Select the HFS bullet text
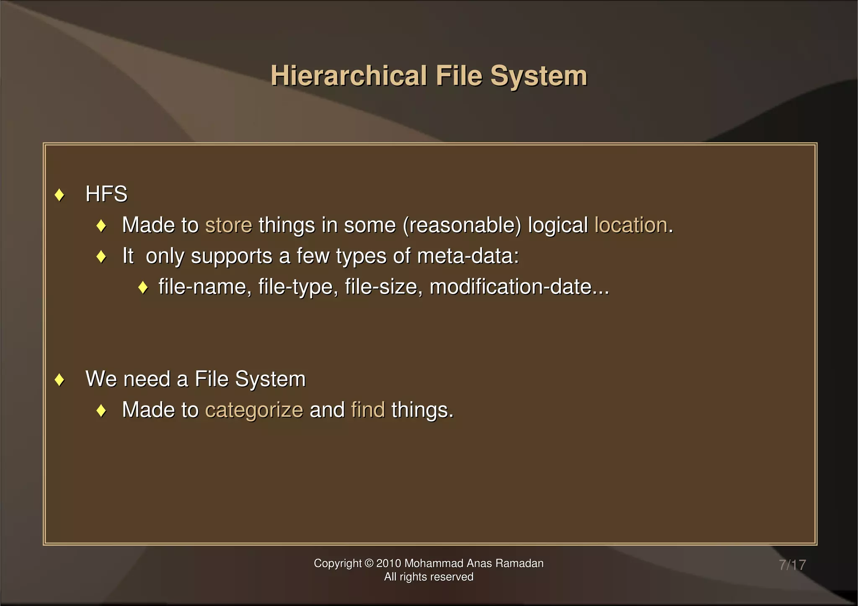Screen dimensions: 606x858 coord(106,194)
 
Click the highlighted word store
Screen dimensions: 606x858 coord(229,225)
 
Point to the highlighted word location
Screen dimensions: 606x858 coord(631,225)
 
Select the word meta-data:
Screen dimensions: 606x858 coord(468,256)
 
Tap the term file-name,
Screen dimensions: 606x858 coord(205,287)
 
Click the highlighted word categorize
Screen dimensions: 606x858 coord(254,410)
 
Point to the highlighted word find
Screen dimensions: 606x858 coord(368,410)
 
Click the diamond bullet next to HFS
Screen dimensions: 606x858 coord(59,195)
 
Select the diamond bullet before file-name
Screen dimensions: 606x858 coord(143,288)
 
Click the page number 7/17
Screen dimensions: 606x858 coord(792,565)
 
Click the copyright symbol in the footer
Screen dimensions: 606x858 coord(369,564)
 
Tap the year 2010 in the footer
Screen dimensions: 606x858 coord(389,564)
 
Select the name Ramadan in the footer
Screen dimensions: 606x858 coord(519,564)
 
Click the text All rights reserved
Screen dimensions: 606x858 coord(429,577)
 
